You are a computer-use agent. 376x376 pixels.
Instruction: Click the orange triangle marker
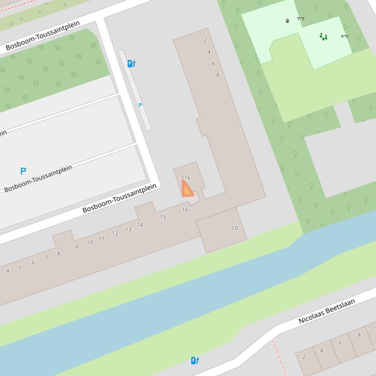pyautogui.click(x=187, y=189)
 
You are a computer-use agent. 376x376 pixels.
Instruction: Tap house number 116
pyautogui.click(x=186, y=178)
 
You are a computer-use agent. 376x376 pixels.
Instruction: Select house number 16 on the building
pyautogui.click(x=185, y=210)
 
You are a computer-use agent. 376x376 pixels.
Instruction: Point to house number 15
pyautogui.click(x=163, y=217)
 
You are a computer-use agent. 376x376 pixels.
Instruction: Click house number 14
pyautogui.click(x=140, y=225)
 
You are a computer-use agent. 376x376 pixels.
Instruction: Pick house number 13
pyautogui.click(x=128, y=230)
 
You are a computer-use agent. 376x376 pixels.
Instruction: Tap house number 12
pyautogui.click(x=115, y=233)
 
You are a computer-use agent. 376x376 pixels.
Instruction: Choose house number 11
pyautogui.click(x=102, y=239)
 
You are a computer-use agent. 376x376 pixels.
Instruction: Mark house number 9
pyautogui.click(x=76, y=248)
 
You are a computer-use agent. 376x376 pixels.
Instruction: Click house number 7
pyautogui.click(x=46, y=257)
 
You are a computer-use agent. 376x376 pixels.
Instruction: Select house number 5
pyautogui.click(x=20, y=268)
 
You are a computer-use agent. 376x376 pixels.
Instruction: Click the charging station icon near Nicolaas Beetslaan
pyautogui.click(x=195, y=361)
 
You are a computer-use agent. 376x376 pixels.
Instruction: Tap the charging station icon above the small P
pyautogui.click(x=131, y=63)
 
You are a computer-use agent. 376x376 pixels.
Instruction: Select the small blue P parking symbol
pyautogui.click(x=140, y=105)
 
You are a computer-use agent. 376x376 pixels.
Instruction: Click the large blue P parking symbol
pyautogui.click(x=23, y=171)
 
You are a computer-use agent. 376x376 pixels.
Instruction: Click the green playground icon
pyautogui.click(x=323, y=37)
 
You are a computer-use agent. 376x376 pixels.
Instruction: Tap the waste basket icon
pyautogui.click(x=288, y=21)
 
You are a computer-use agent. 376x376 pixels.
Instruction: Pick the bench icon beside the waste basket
pyautogui.click(x=301, y=19)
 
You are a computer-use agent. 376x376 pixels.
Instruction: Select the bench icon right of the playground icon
pyautogui.click(x=345, y=36)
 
